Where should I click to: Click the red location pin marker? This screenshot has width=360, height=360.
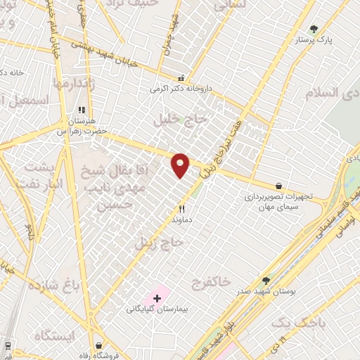(x=181, y=165)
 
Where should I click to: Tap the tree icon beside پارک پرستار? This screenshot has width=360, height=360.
(x=314, y=29)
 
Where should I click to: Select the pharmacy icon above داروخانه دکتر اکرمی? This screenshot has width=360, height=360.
(x=181, y=78)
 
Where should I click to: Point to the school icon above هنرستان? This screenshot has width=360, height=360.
(x=82, y=110)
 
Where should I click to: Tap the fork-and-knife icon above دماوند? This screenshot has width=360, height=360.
(x=181, y=208)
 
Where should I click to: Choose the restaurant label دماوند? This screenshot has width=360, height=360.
(x=181, y=219)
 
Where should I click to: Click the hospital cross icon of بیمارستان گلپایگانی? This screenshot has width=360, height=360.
(x=156, y=298)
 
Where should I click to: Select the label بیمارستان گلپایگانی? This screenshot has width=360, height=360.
(x=155, y=309)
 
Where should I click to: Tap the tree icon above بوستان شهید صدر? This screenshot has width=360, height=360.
(x=265, y=280)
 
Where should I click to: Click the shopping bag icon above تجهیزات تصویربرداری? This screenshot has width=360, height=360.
(x=280, y=186)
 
